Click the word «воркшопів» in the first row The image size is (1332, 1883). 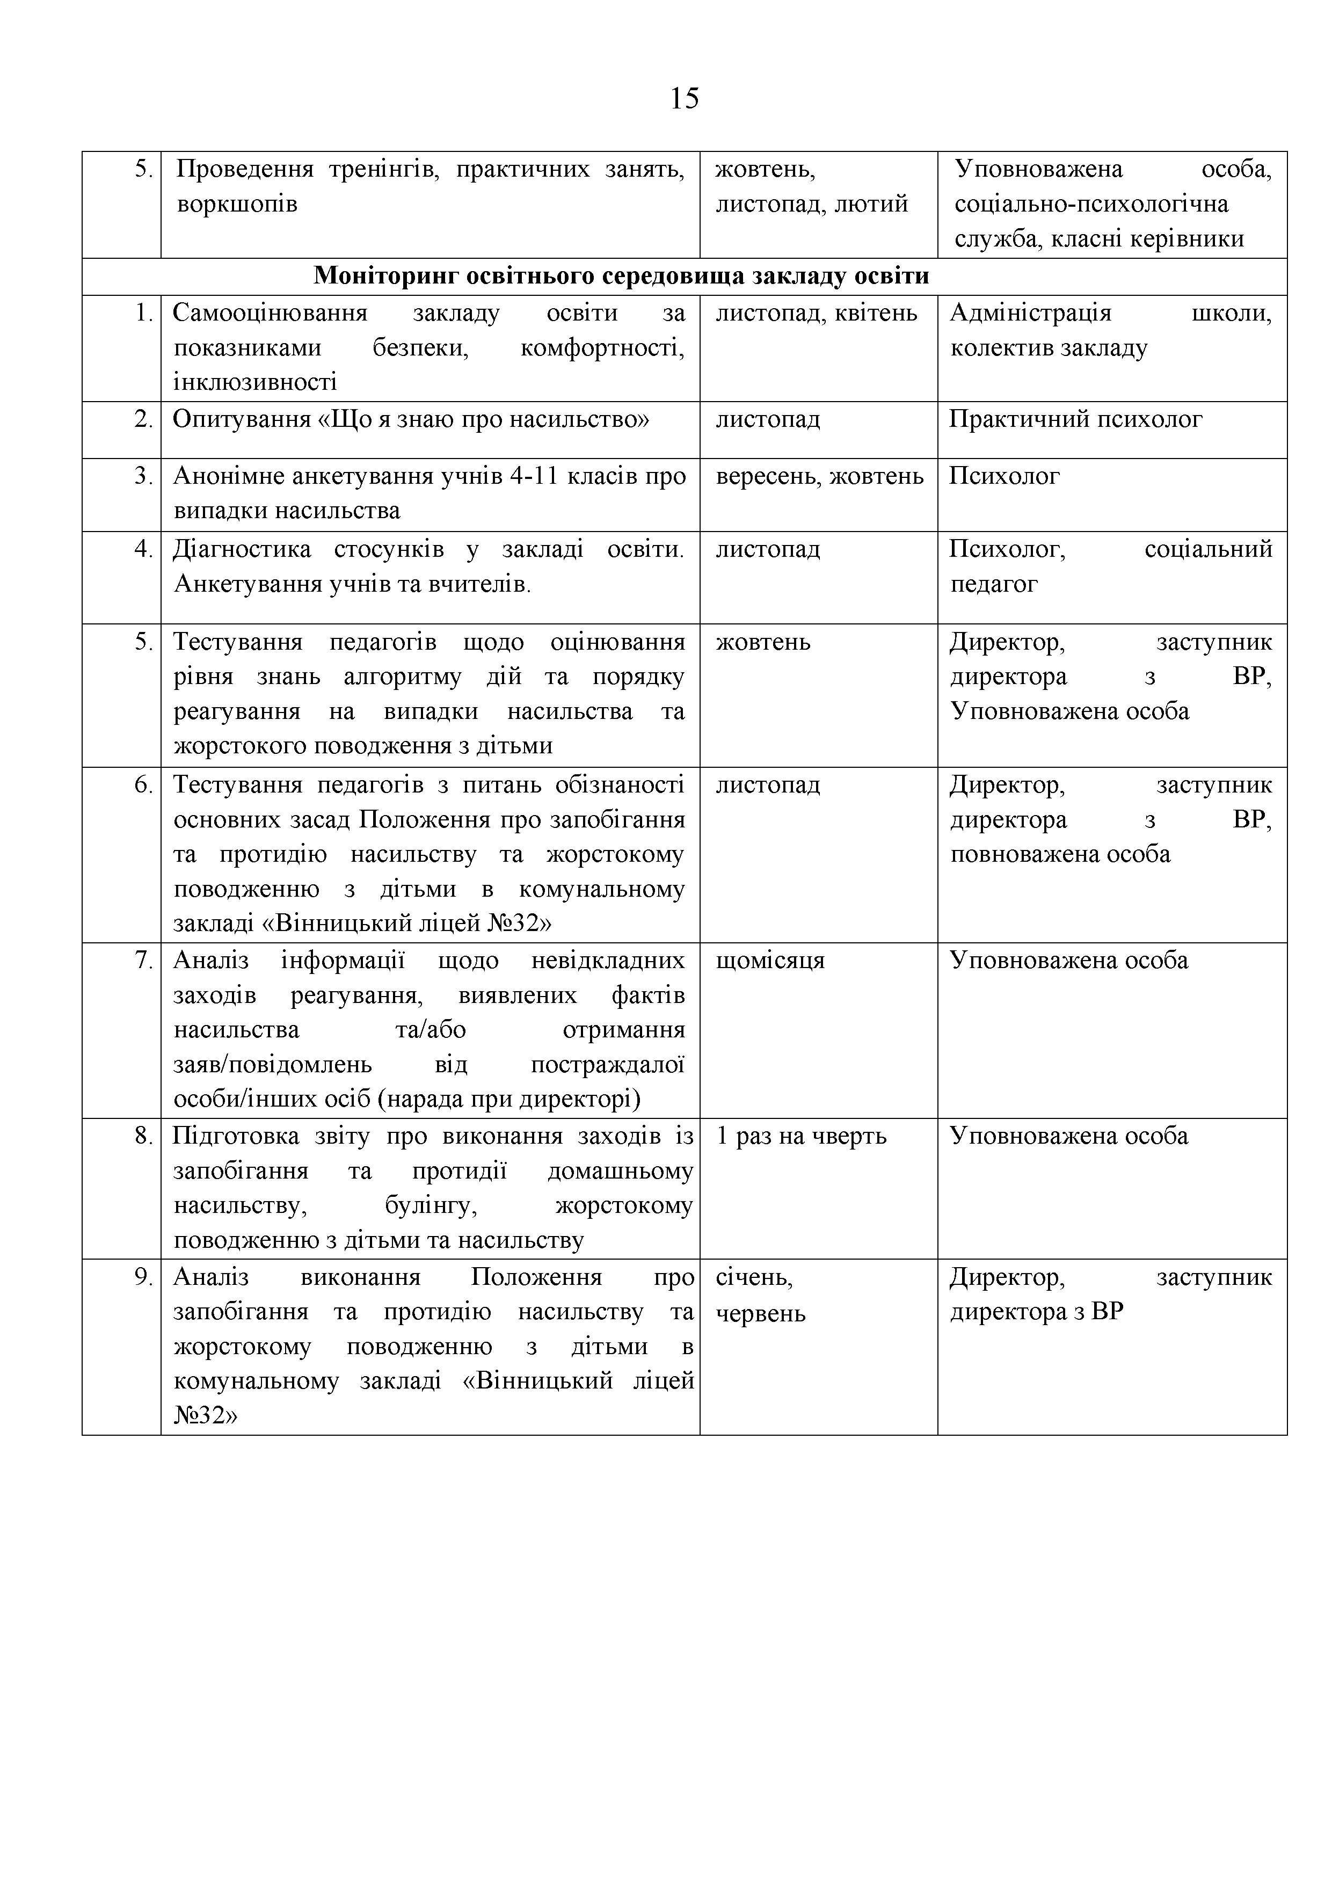point(237,204)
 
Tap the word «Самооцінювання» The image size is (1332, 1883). point(270,313)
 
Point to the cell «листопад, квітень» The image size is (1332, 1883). point(816,313)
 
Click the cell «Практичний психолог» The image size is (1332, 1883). point(1075,420)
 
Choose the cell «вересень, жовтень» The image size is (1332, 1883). point(819,476)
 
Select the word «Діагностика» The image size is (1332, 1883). point(242,549)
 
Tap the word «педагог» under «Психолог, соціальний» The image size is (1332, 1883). point(994,584)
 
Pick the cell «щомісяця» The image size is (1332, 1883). point(770,961)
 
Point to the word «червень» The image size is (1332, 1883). point(760,1313)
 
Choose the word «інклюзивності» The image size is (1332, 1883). point(255,382)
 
